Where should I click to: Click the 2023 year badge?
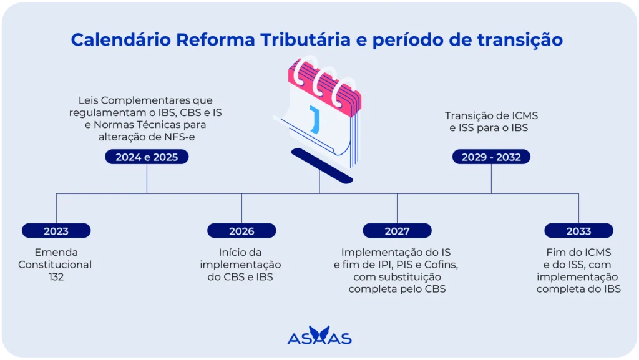[56, 231]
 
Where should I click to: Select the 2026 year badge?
[241, 231]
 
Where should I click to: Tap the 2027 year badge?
[397, 231]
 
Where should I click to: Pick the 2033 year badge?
[578, 231]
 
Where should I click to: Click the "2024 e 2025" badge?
[147, 157]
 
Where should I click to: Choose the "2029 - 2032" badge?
[491, 157]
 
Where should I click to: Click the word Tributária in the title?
[302, 39]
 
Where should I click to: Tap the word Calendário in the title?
[121, 39]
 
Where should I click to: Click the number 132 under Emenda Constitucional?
[56, 276]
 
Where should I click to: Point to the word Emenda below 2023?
[56, 252]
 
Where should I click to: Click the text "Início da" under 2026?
[241, 252]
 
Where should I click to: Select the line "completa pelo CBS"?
[397, 289]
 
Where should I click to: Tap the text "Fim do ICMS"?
[578, 252]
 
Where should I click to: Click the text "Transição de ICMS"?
[491, 115]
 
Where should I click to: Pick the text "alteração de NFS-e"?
[147, 137]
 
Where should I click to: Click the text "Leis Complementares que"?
[147, 100]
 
